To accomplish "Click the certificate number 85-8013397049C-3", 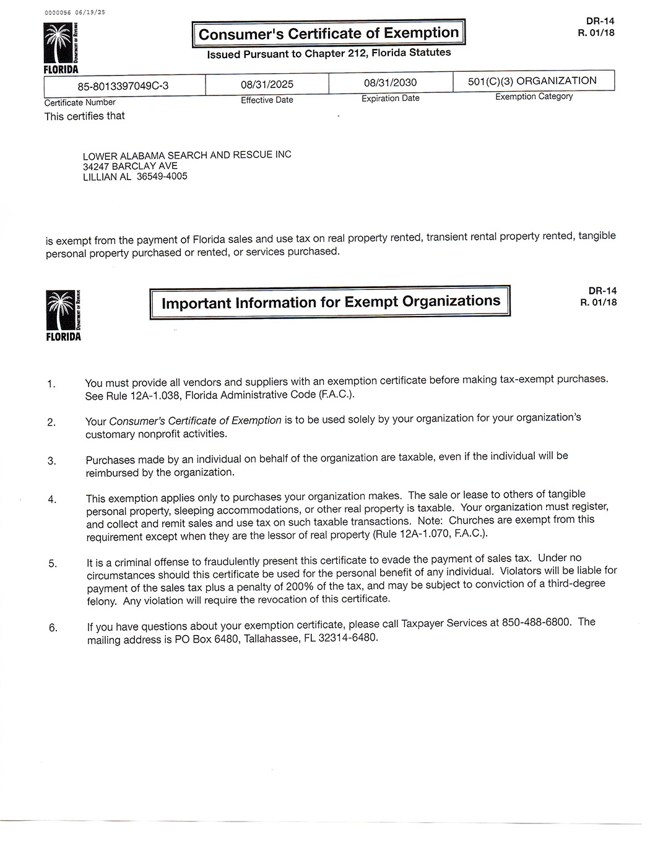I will point(123,86).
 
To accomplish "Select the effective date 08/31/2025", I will point(267,84).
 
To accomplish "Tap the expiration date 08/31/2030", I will point(390,83).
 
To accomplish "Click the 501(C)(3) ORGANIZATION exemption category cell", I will point(532,81).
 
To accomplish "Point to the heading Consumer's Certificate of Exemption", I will point(329,33).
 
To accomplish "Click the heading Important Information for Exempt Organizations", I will point(331,302).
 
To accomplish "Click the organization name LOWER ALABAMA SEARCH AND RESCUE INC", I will point(187,155).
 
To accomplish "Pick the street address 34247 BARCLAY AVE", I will point(130,166).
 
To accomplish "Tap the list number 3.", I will point(52,461).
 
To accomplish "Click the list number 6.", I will point(53,628).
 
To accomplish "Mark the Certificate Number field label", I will point(80,102).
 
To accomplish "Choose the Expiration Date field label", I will point(390,99).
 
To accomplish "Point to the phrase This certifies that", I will point(84,116).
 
